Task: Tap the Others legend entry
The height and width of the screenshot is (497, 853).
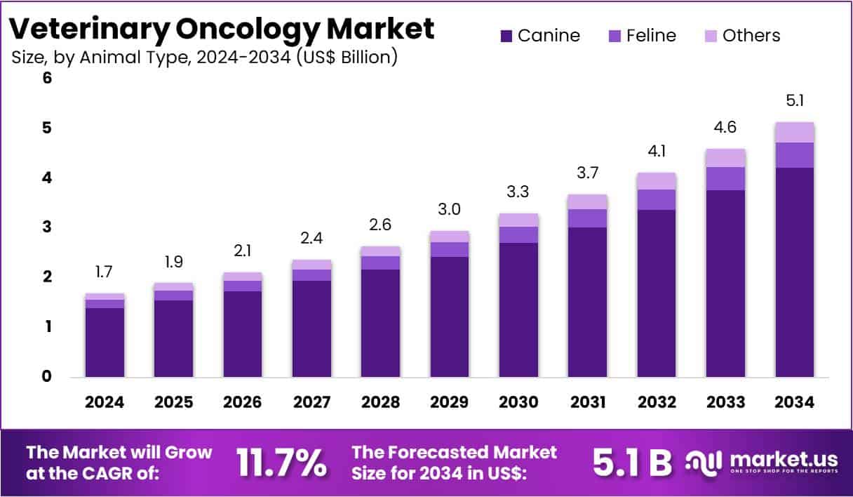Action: pos(751,35)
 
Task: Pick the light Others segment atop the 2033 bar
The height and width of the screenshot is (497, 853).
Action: pos(726,158)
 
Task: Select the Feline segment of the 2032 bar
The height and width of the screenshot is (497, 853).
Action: pos(657,199)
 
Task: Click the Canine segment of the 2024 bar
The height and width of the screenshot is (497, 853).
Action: pos(105,342)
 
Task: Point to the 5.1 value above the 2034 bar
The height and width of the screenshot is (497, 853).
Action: pos(795,101)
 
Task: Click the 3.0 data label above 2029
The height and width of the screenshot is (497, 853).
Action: pos(450,209)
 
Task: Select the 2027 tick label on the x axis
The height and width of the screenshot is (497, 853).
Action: pos(311,402)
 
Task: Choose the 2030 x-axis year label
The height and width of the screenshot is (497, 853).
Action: pos(518,402)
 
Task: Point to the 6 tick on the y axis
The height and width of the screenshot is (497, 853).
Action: pos(47,79)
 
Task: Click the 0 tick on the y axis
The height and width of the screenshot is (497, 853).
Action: pos(47,376)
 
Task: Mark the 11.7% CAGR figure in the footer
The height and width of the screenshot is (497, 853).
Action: pos(281,463)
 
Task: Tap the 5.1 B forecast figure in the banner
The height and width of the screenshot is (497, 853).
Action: pos(632,463)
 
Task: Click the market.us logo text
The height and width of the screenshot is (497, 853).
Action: pos(784,459)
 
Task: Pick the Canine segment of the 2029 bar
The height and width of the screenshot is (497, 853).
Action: pos(450,317)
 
